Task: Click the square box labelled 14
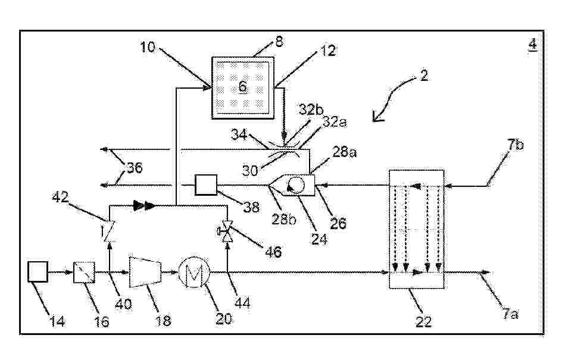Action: (38, 271)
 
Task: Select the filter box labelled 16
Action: (85, 273)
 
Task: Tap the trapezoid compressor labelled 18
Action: (145, 272)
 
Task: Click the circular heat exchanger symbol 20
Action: (194, 273)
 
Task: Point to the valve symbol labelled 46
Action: (227, 231)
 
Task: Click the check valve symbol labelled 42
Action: (107, 230)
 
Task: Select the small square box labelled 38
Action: (206, 184)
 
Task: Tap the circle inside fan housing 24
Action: (296, 186)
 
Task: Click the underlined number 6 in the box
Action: (243, 86)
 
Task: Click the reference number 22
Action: (423, 321)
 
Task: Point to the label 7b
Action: (516, 145)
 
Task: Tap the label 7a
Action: (511, 314)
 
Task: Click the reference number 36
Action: (135, 167)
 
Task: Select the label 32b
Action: (311, 109)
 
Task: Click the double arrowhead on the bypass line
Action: (144, 206)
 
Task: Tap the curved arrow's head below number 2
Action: (377, 117)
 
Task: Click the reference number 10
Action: (148, 47)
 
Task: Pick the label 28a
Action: (344, 152)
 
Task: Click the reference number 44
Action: (242, 302)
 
